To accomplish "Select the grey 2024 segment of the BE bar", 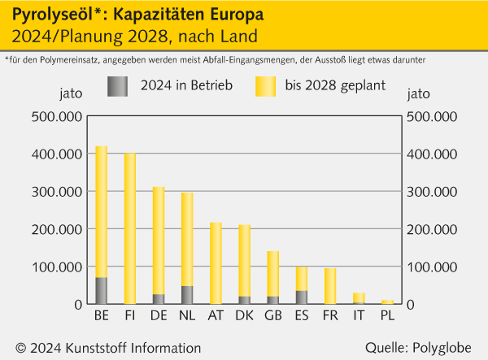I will [x=102, y=291].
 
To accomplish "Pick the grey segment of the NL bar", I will [x=187, y=295].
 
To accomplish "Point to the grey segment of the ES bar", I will [x=302, y=297].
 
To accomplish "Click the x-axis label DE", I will [x=159, y=315].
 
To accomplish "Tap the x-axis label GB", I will [x=273, y=315].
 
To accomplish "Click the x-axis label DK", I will [x=244, y=315].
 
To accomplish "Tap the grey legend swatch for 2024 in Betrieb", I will [x=118, y=85].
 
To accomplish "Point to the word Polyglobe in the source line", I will [x=444, y=348].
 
